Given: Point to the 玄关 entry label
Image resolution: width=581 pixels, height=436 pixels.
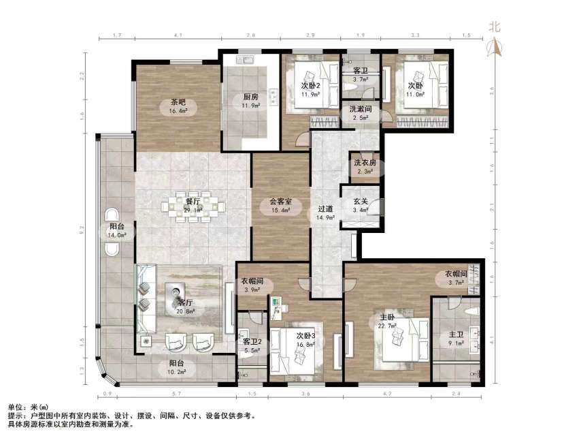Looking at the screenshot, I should coord(360,202).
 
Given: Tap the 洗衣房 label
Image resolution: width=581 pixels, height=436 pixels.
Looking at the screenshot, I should coord(364,163).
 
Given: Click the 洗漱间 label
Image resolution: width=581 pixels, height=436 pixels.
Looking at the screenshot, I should coord(360,109).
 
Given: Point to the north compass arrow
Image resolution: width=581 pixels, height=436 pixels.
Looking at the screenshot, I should coord(496,48).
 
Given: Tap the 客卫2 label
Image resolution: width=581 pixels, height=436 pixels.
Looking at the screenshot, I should coord(251,341).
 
